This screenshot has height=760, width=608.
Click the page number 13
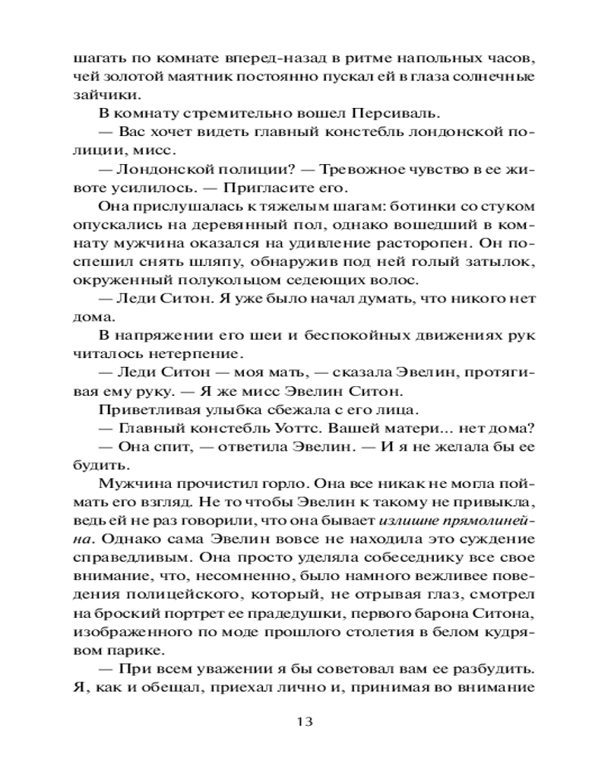[303, 721]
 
